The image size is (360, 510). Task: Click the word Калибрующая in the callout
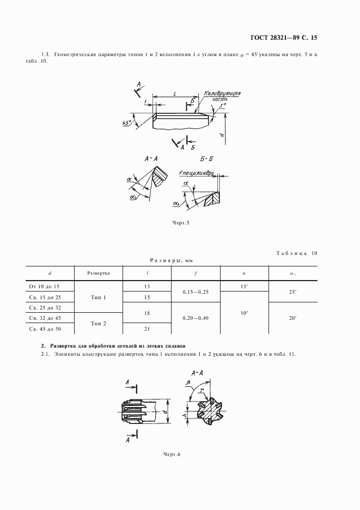click(x=223, y=94)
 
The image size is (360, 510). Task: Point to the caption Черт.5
click(x=179, y=222)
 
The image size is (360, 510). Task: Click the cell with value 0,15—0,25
click(x=196, y=292)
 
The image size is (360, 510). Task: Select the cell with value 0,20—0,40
click(x=196, y=318)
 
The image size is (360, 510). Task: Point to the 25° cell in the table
click(x=292, y=292)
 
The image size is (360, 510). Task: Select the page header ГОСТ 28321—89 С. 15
click(x=285, y=38)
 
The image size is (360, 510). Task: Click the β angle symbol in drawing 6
click(x=188, y=384)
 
